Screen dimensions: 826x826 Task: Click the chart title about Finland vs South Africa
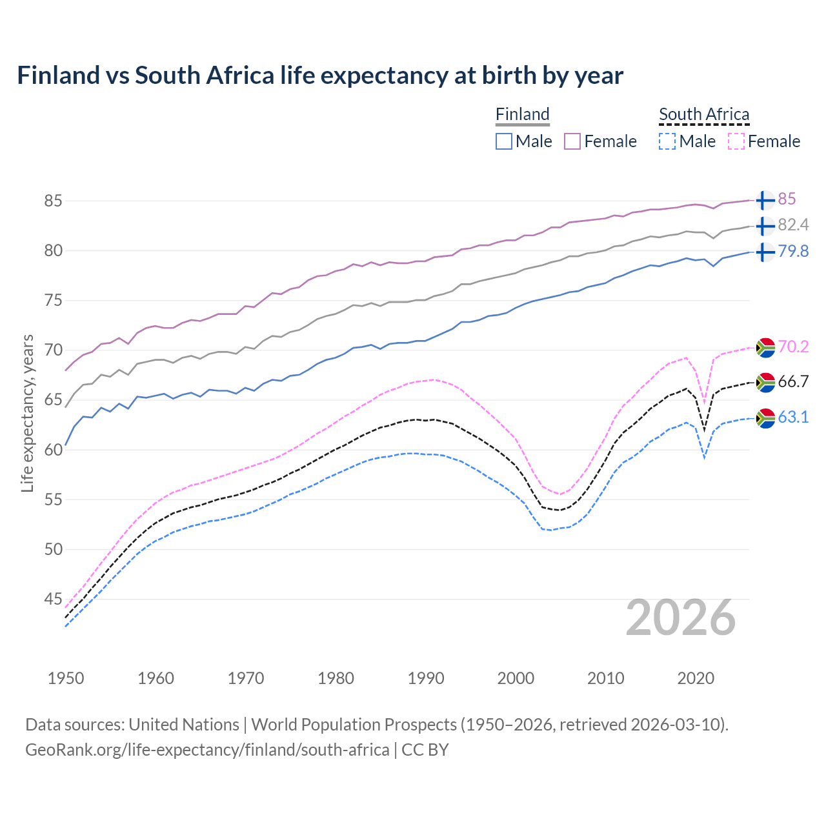click(x=320, y=76)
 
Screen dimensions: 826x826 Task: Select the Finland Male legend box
click(x=504, y=141)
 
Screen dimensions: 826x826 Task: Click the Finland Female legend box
click(x=573, y=141)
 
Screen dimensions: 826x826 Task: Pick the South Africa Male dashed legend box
click(x=667, y=141)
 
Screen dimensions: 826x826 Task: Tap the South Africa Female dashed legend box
click(x=736, y=141)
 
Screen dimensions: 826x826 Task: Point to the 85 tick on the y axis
click(x=53, y=201)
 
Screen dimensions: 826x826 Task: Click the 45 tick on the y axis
click(x=53, y=599)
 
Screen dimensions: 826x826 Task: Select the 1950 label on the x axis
click(x=66, y=678)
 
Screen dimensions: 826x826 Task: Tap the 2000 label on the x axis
click(x=516, y=678)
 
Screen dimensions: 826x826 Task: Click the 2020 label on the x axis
click(x=696, y=678)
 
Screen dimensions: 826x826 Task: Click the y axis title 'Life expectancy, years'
click(x=28, y=413)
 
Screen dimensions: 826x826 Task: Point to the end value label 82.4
click(x=793, y=225)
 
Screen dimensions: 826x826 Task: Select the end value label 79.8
click(x=793, y=252)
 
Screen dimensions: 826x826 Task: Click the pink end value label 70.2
click(x=793, y=347)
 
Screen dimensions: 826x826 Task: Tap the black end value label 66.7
click(x=793, y=382)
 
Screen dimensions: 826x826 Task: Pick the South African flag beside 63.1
click(x=765, y=418)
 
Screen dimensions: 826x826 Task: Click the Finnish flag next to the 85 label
click(x=765, y=200)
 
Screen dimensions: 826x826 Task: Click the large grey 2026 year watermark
click(x=680, y=618)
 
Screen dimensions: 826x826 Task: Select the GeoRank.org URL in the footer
click(x=207, y=750)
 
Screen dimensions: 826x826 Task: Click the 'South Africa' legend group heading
click(x=704, y=114)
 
